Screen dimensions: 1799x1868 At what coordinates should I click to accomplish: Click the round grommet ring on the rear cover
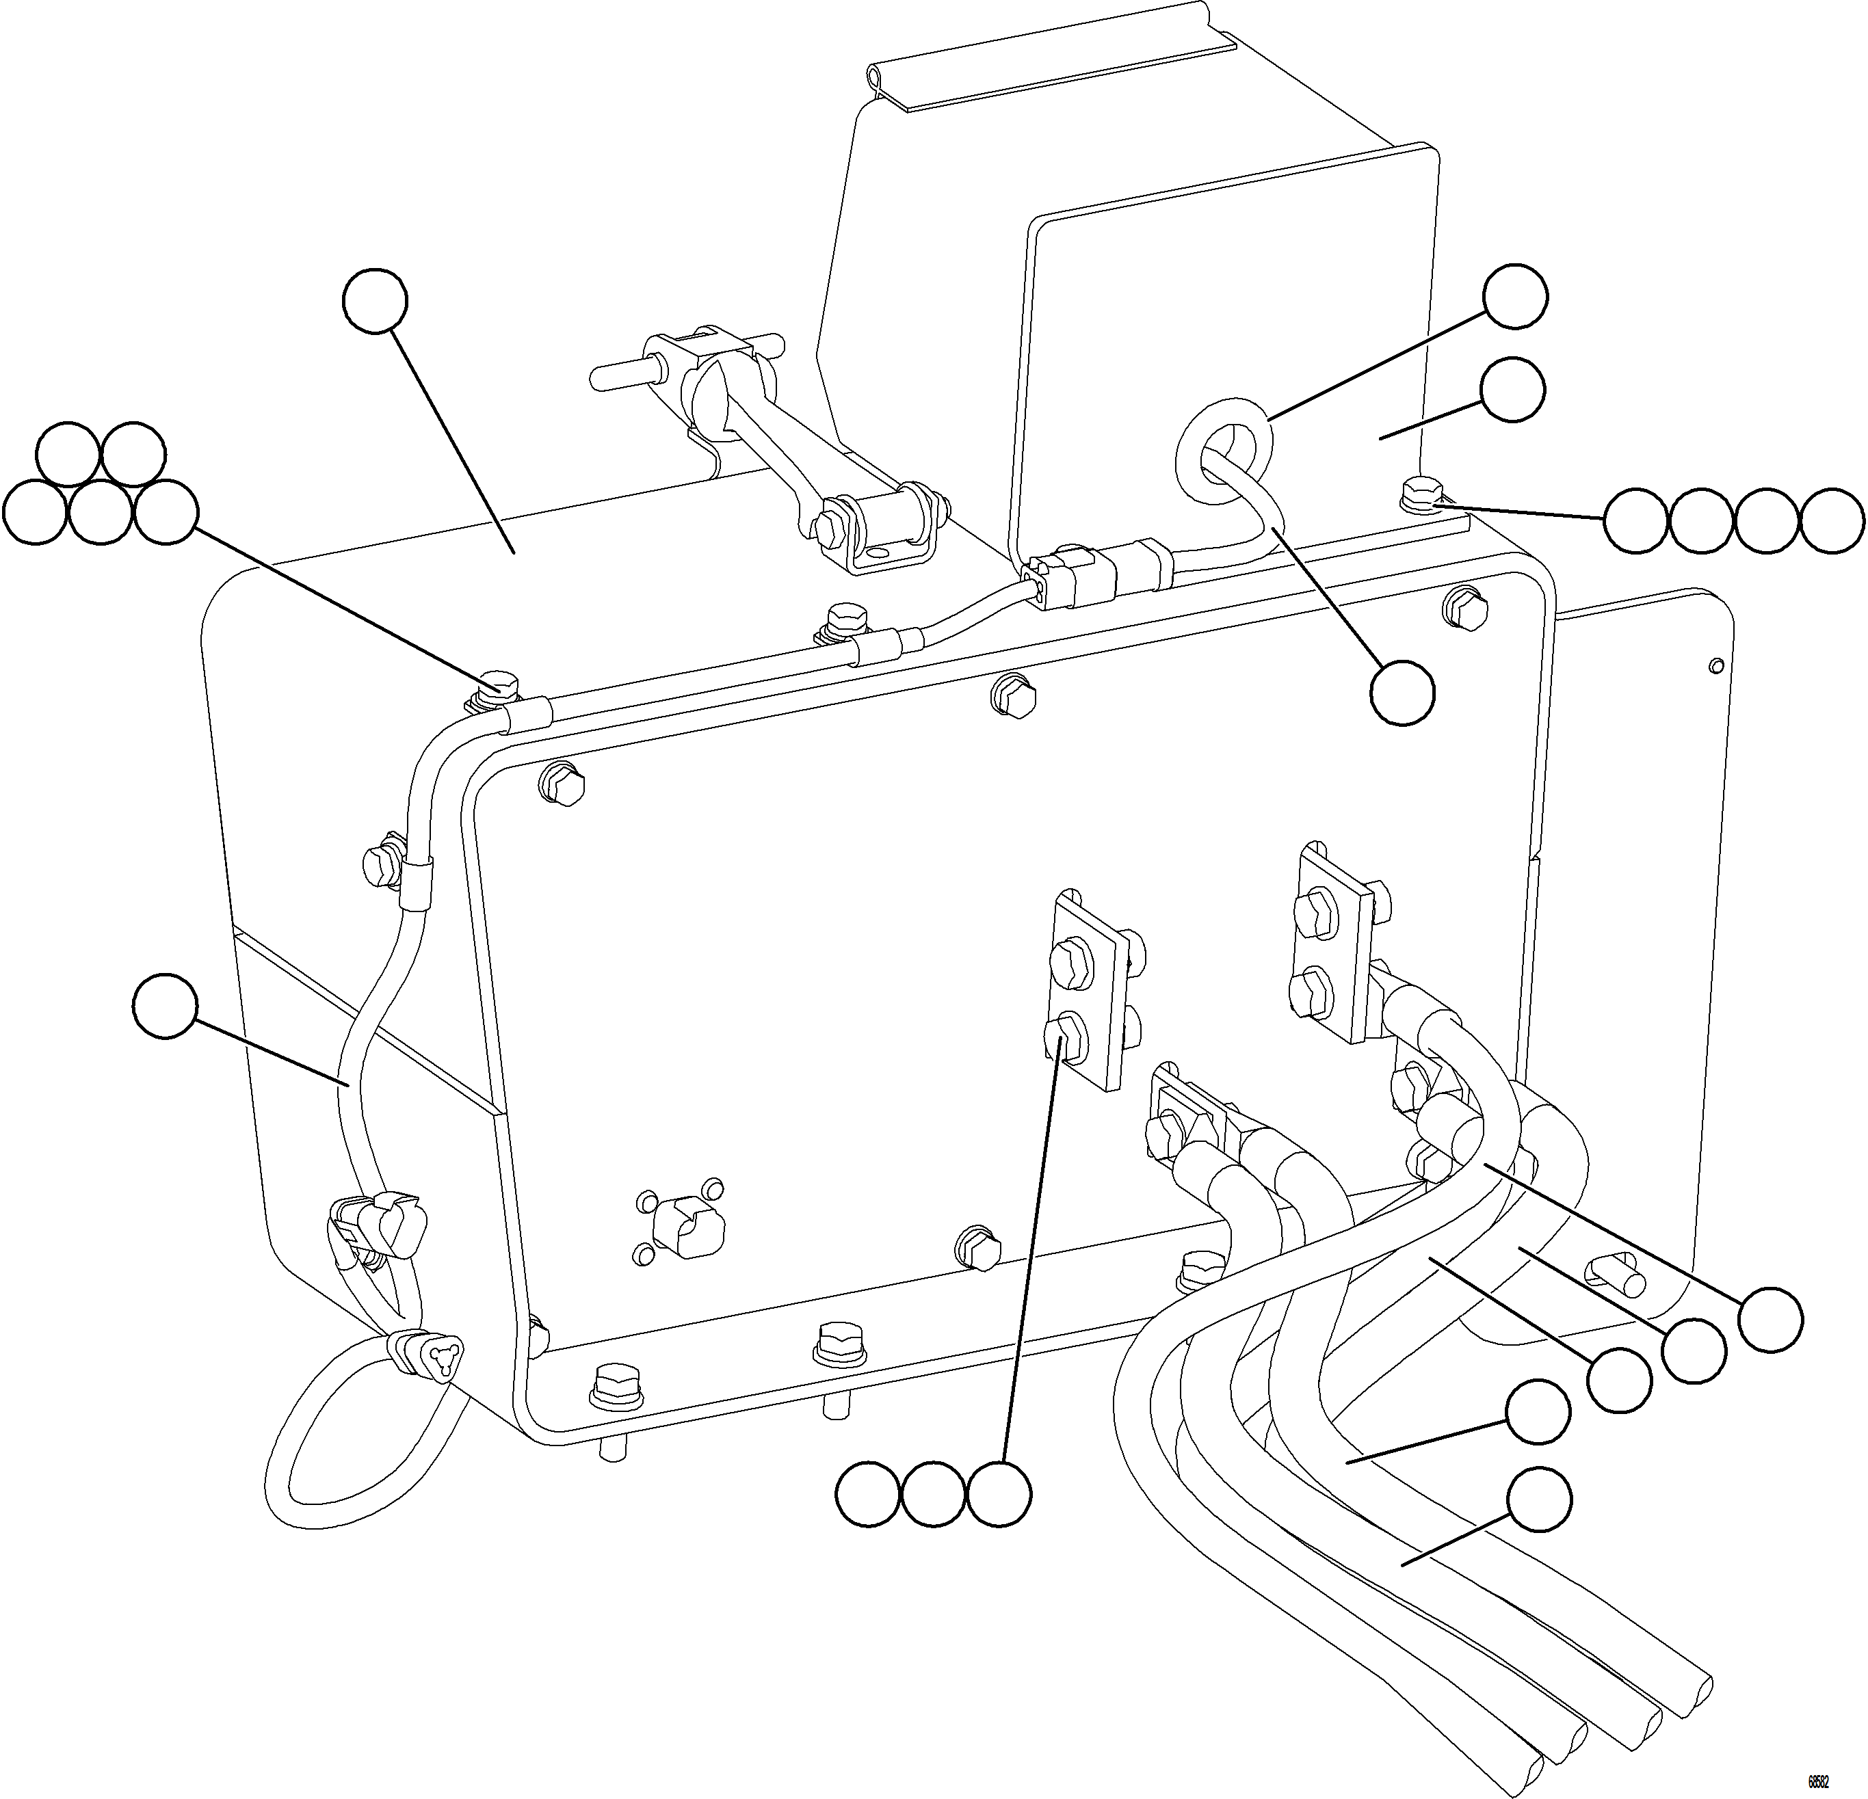pos(1224,446)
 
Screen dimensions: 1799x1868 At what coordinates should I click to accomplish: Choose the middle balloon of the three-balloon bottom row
pos(933,1495)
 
